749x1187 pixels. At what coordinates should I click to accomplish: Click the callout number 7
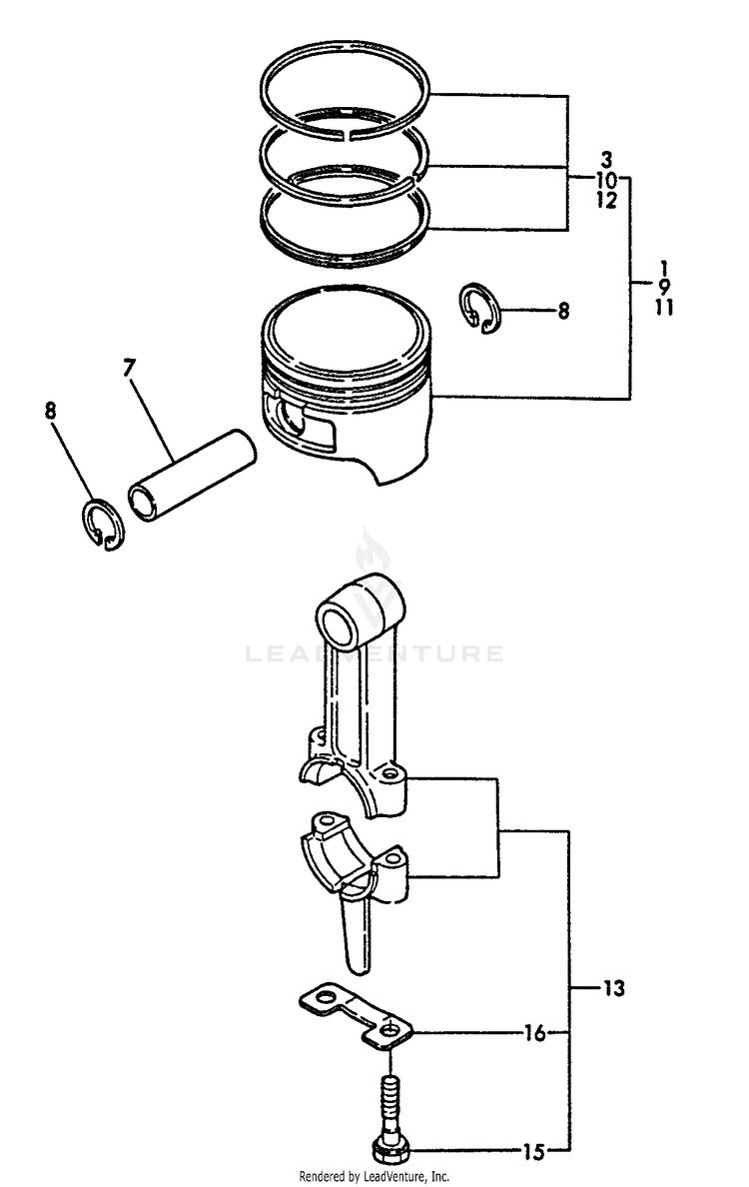pos(129,369)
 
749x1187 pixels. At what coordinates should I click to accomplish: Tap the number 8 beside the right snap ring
pos(563,311)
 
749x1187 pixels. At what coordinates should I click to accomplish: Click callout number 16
pos(535,1033)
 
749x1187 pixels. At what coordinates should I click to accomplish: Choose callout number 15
pos(535,1151)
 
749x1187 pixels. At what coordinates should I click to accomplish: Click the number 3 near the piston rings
pos(606,160)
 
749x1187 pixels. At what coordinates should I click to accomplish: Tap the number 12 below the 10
pos(606,201)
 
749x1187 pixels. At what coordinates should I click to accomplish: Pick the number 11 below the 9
pos(664,309)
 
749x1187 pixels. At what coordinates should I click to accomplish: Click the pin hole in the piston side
pos(292,419)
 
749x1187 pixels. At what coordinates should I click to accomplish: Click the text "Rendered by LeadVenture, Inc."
pos(374,1176)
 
